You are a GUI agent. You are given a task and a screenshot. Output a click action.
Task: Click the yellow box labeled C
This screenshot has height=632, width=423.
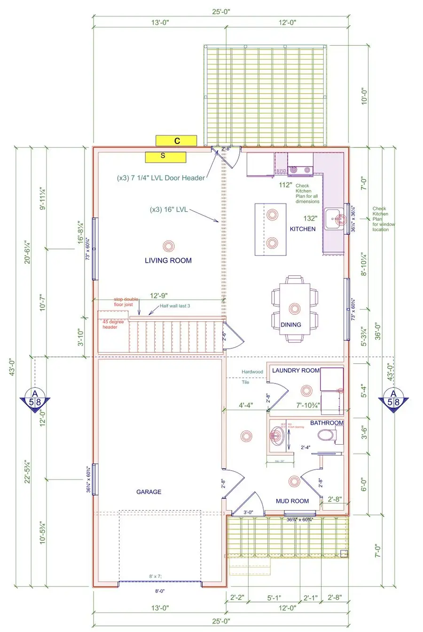point(176,140)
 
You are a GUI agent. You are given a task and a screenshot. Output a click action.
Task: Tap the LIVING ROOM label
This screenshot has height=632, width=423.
point(168,260)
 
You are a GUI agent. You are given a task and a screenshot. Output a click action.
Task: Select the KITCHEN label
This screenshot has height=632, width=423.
point(302,229)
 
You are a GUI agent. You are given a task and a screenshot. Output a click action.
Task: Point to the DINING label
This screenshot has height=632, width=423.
point(291,325)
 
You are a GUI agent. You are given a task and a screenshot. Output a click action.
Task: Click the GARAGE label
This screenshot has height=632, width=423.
point(149,492)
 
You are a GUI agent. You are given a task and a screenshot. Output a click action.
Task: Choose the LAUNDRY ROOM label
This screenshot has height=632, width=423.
point(296,370)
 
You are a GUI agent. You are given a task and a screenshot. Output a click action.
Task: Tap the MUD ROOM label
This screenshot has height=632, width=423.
point(292,501)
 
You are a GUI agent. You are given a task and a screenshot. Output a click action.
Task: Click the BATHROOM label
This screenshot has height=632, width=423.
point(327,423)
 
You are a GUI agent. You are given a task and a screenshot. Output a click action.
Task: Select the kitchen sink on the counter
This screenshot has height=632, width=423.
point(337,219)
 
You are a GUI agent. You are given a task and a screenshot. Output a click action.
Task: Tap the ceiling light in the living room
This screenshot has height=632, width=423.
point(168,245)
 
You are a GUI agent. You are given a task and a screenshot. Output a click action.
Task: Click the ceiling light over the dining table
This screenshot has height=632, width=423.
point(294,309)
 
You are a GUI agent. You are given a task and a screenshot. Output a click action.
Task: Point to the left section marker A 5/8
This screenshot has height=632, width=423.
point(34,400)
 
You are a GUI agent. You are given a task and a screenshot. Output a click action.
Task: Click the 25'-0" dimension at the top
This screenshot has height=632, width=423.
point(220,10)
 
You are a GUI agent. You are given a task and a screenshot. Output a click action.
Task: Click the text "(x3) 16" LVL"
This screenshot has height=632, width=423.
point(168,209)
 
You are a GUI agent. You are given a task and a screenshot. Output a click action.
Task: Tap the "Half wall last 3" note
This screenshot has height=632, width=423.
point(175,306)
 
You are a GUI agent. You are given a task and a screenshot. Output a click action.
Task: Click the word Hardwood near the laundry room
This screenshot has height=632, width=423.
point(252,372)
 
